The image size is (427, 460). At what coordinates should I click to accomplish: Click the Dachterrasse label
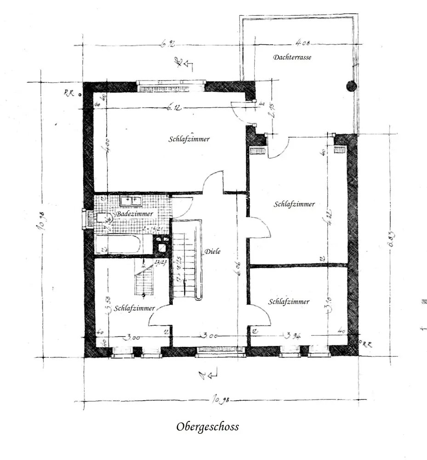[x=292, y=57]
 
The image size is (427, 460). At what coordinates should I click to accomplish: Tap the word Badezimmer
[x=134, y=214]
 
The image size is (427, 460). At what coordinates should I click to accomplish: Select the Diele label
[x=213, y=251]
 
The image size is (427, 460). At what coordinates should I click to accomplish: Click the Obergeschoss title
[x=207, y=427]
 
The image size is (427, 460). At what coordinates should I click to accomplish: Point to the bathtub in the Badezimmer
[x=118, y=244]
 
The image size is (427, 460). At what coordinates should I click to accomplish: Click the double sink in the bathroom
[x=131, y=201]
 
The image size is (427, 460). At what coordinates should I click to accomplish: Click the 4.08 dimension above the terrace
[x=303, y=44]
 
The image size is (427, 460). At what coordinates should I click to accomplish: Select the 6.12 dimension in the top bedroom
[x=174, y=108]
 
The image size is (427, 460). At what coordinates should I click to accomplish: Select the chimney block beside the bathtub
[x=161, y=244]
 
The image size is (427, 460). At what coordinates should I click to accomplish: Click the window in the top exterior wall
[x=171, y=86]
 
